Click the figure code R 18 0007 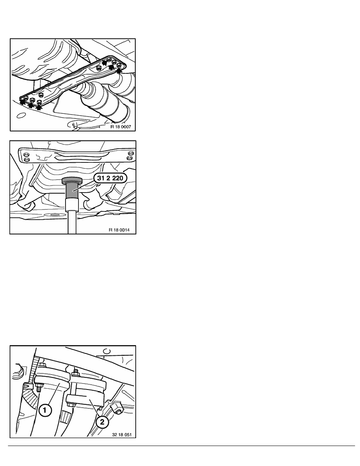coord(120,127)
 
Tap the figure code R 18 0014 coord(119,230)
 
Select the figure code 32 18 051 coord(122,434)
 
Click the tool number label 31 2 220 coord(110,178)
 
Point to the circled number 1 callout coord(45,411)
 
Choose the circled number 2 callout coord(102,422)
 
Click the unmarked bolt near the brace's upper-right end coord(99,69)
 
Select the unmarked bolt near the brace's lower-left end coord(41,95)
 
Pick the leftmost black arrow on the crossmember coord(23,102)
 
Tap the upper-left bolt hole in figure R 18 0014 coord(26,154)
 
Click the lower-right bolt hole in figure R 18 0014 coord(129,158)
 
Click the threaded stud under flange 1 coord(38,388)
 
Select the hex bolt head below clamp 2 coord(70,404)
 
